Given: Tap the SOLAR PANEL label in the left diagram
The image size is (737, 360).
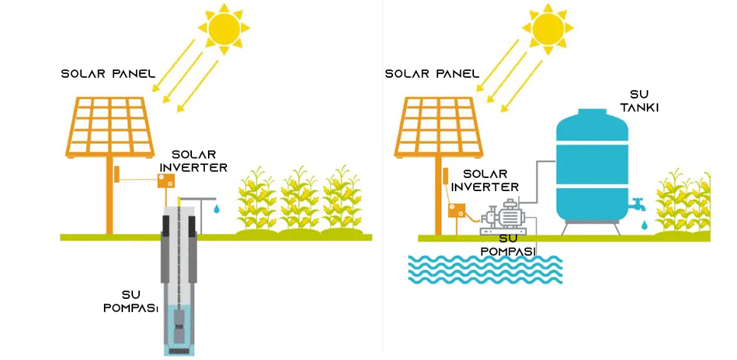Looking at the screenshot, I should (109, 74).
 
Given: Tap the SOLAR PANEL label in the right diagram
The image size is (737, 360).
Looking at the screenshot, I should (432, 73).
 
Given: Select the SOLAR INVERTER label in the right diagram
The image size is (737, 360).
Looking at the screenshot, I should (485, 180).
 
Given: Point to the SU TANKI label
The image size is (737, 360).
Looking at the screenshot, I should (638, 101).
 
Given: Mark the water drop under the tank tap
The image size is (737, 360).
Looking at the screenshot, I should (644, 224).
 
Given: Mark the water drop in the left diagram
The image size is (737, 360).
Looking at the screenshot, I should (216, 208).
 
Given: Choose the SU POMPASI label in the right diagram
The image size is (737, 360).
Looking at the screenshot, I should (508, 245).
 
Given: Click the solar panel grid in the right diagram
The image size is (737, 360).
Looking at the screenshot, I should (437, 125).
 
